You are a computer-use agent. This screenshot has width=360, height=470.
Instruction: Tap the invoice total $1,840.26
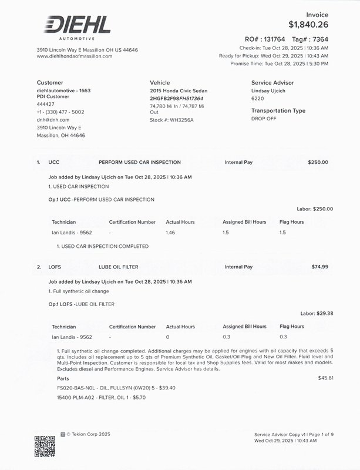coord(308,25)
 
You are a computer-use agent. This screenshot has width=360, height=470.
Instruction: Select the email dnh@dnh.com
coord(53,120)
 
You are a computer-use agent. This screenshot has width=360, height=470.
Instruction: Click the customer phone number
coord(60,112)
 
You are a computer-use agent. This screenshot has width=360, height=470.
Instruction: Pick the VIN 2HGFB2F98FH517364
coord(176,99)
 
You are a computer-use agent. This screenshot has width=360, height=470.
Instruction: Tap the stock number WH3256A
coord(182,120)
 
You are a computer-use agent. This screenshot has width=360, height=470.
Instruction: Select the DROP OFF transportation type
coord(265,119)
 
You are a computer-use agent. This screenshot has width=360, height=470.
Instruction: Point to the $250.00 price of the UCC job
coord(318,162)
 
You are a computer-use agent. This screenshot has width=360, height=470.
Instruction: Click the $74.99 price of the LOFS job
coord(319,267)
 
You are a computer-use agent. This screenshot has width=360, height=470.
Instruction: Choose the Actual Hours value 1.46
coord(171,233)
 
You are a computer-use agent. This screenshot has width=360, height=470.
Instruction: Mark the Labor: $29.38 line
coord(316,314)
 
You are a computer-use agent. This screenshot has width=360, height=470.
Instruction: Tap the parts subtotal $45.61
coord(325,378)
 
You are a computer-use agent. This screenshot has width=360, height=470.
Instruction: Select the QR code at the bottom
coord(45,446)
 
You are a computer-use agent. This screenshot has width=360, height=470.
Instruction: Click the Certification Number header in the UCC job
coord(132,222)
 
